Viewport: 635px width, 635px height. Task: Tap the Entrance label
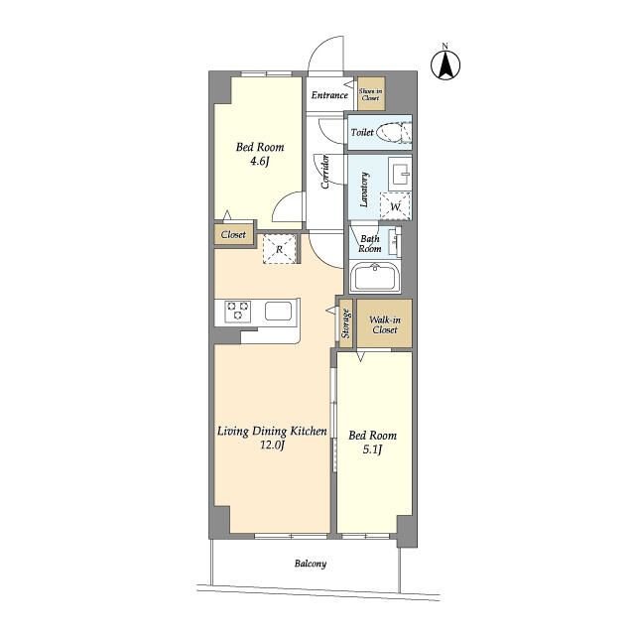[x=329, y=95]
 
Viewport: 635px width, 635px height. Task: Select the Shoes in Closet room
[x=370, y=94]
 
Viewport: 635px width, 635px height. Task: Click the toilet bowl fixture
[x=394, y=132]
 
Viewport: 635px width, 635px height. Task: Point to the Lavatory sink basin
[x=400, y=174]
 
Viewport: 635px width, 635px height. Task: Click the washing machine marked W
[x=395, y=206]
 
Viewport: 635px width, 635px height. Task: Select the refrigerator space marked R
[x=280, y=249]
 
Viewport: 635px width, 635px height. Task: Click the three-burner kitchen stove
[x=238, y=312]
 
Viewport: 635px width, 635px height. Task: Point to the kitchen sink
[x=278, y=311]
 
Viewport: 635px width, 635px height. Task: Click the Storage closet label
[x=345, y=323]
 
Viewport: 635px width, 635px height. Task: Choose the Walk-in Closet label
[x=385, y=324]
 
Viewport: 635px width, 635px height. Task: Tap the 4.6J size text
[x=260, y=162]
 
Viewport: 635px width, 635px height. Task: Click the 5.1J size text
[x=372, y=449]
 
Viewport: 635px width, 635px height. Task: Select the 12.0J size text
[x=272, y=445]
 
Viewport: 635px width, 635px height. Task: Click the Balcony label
[x=311, y=564]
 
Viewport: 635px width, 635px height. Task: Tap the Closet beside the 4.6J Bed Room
[x=234, y=234]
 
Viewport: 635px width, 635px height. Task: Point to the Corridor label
[x=325, y=172]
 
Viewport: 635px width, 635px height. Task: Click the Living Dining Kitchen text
[x=272, y=432]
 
